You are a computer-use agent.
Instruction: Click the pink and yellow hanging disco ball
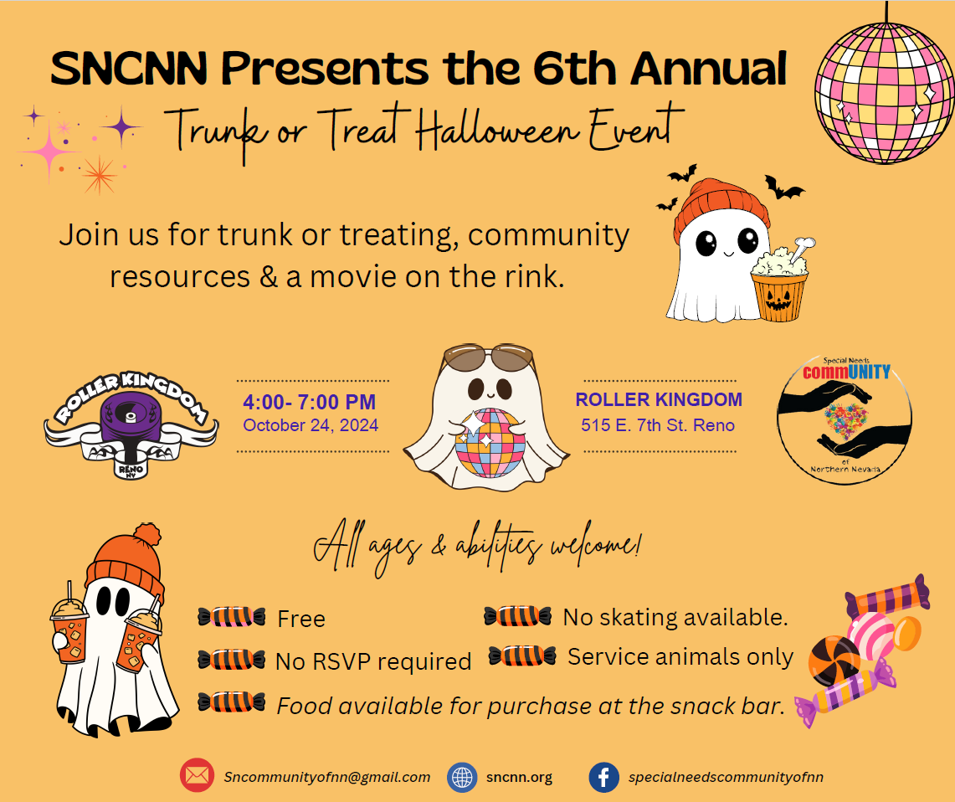tap(885, 93)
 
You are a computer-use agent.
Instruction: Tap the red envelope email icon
tap(197, 775)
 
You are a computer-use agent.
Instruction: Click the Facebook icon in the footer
tap(603, 777)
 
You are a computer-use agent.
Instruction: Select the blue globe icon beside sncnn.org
tap(462, 778)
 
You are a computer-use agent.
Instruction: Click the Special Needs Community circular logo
tap(845, 420)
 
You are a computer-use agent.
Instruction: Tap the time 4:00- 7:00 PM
tap(310, 402)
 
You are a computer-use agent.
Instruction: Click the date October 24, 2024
tap(311, 425)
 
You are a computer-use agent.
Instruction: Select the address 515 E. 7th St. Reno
tap(658, 425)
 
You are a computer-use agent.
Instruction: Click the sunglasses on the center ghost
tap(489, 357)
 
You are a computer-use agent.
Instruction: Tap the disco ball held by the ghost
tap(490, 443)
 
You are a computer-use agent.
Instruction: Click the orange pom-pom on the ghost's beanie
tap(146, 534)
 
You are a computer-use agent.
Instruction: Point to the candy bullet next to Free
tap(232, 617)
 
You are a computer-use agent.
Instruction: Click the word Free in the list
tap(300, 619)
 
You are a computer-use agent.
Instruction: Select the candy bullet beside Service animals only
tap(522, 655)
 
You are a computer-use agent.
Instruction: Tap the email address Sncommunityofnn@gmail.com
tap(327, 777)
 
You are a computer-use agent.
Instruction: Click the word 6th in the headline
tap(575, 68)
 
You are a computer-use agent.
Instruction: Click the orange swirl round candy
tap(834, 661)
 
